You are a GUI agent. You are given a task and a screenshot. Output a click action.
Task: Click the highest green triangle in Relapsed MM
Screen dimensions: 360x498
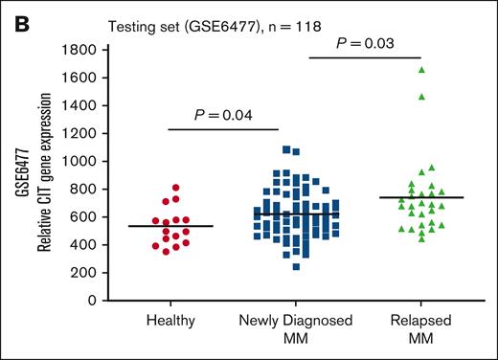(420, 70)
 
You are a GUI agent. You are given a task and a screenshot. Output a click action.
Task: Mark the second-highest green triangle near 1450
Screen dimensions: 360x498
(419, 97)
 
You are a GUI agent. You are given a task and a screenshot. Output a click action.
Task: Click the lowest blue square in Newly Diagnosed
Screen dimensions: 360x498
(296, 267)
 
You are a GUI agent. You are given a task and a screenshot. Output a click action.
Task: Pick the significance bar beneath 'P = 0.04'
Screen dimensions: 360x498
(222, 129)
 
